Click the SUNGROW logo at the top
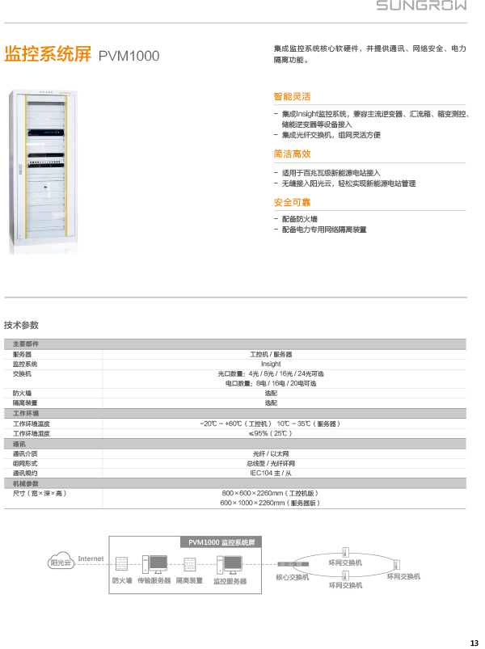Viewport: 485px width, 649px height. pos(420,6)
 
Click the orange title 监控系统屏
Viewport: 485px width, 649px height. pos(47,55)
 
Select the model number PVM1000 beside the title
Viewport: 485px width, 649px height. pos(129,56)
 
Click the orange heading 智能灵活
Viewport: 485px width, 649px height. pos(292,97)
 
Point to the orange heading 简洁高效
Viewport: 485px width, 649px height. pos(292,154)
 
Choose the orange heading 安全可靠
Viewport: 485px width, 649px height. pos(292,203)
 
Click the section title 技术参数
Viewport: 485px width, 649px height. pos(21,325)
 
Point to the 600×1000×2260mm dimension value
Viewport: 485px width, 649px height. pos(270,503)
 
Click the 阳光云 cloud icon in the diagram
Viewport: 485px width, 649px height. pos(61,563)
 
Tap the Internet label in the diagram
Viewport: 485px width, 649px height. pos(91,558)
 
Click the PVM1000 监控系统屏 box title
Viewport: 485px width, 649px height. pos(221,542)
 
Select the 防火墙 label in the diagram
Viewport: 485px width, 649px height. pos(122,580)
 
